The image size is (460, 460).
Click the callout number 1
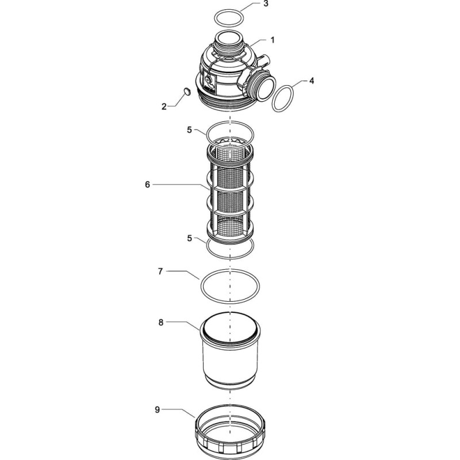click(x=273, y=40)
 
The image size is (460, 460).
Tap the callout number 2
click(x=164, y=106)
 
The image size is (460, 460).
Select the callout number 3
click(x=266, y=5)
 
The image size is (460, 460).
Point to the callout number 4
click(x=312, y=80)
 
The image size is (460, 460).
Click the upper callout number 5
click(x=190, y=130)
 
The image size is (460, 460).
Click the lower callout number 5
click(x=190, y=238)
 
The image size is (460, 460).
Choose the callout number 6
click(x=147, y=185)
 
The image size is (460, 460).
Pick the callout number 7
click(x=160, y=271)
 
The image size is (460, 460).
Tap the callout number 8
click(x=161, y=323)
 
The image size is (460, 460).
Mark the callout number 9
click(x=158, y=409)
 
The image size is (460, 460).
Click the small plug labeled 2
click(x=186, y=91)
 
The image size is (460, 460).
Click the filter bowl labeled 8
click(x=231, y=352)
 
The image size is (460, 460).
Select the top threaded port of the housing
click(x=229, y=41)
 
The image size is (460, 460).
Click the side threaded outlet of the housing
click(x=262, y=87)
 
